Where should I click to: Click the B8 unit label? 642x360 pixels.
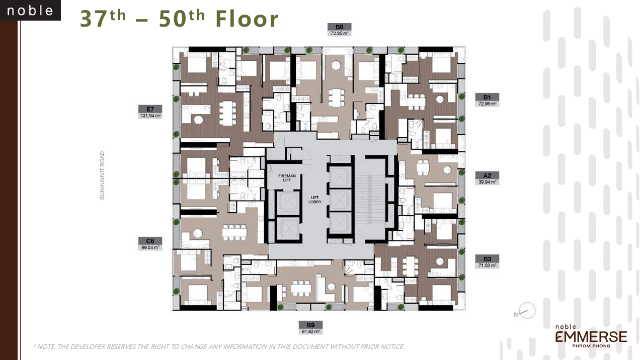340,27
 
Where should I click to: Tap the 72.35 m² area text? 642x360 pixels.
340,33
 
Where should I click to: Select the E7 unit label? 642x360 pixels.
150,109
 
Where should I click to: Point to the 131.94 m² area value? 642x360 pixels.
150,116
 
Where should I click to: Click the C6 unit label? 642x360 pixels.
150,240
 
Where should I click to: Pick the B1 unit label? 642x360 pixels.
487,97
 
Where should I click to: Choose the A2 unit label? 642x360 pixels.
487,175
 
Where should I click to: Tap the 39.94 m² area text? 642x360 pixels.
487,182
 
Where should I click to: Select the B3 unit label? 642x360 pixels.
487,258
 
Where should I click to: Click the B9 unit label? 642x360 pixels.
310,324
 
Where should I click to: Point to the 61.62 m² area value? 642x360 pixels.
310,331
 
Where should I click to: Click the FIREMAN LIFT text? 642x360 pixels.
287,178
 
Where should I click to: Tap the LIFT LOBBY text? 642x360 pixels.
315,200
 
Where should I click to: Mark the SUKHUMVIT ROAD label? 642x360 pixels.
102,175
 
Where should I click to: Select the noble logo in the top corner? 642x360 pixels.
30,11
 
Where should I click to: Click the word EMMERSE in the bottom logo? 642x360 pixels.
591,336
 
